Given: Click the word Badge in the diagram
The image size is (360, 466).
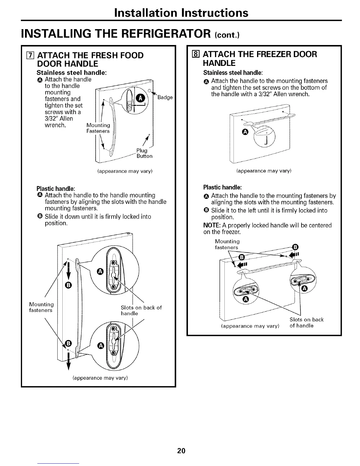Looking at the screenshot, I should tap(165, 97).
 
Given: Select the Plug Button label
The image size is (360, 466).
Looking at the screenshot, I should tap(144, 153).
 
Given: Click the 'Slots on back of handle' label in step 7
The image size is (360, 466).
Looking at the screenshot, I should tap(141, 310).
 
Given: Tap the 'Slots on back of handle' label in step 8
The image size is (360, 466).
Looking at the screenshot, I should tap(306, 322).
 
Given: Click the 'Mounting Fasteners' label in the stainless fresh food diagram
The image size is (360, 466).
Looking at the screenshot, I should tap(98, 128).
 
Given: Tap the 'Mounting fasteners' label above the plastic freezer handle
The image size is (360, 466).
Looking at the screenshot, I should tap(227, 244).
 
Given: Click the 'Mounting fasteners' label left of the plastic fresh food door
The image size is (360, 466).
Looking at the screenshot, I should tap(41, 307).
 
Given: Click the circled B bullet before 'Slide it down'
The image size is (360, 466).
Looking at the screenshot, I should tap(40, 217).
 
